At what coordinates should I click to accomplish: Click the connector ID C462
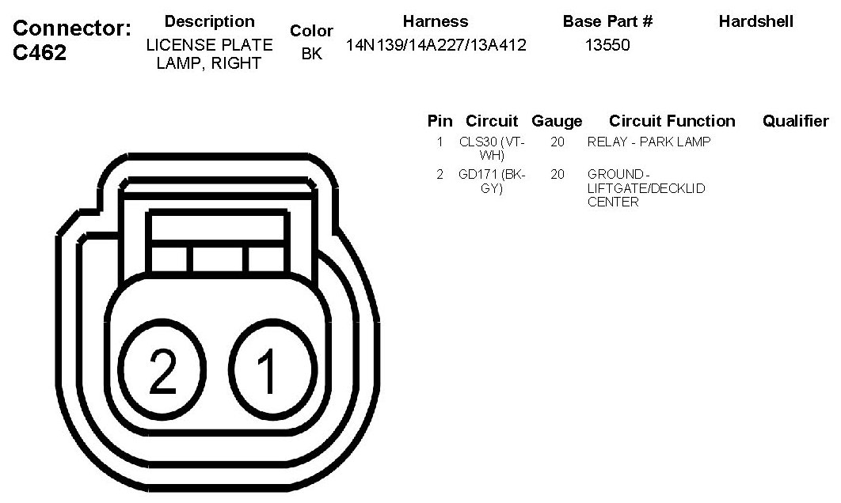pos(40,52)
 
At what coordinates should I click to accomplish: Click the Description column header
pos(209,21)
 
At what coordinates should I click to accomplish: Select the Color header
pos(312,31)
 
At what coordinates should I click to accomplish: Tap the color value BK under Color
pos(312,54)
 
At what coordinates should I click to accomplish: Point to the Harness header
pos(436,21)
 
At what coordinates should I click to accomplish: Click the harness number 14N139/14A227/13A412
pos(436,45)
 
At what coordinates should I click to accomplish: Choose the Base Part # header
pos(607,21)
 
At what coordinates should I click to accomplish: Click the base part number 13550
pos(607,45)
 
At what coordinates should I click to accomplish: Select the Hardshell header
pos(755,21)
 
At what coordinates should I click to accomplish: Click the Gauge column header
pos(557,121)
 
